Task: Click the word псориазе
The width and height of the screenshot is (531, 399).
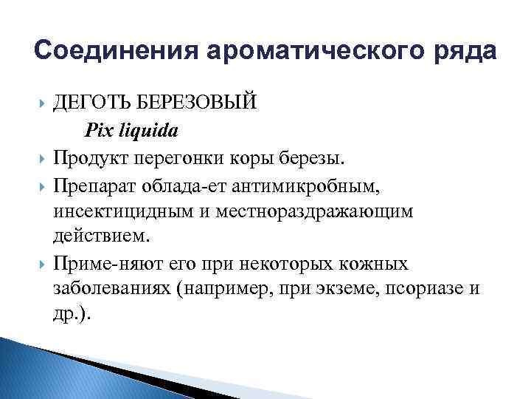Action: click(x=419, y=290)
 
